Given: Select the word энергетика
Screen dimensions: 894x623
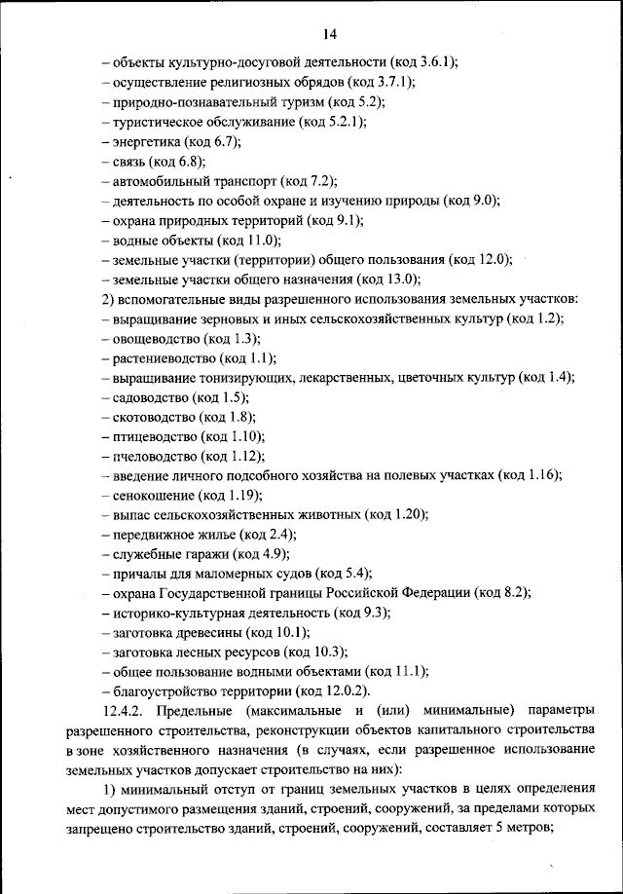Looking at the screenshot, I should tap(147, 141).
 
